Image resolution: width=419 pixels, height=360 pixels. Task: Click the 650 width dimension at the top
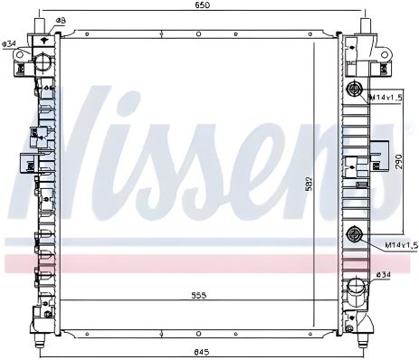pyautogui.click(x=203, y=7)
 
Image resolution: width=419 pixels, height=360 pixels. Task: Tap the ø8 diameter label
pyautogui.click(x=60, y=20)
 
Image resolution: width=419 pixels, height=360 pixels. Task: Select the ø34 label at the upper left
pyautogui.click(x=10, y=43)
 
